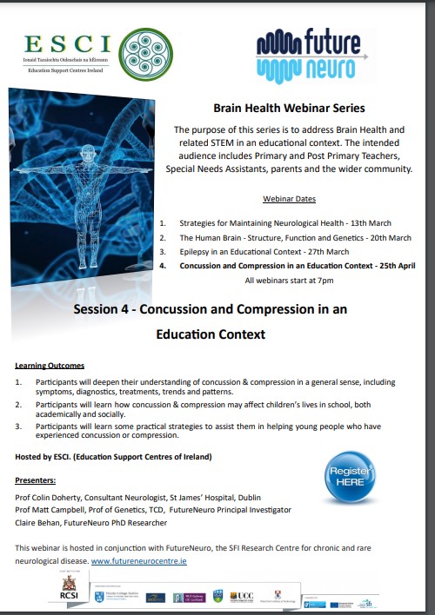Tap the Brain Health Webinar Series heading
pos(289,108)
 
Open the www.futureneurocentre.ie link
pos(139,561)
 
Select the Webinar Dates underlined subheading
pos(290,198)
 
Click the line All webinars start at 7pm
pos(290,281)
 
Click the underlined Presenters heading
pos(35,479)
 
